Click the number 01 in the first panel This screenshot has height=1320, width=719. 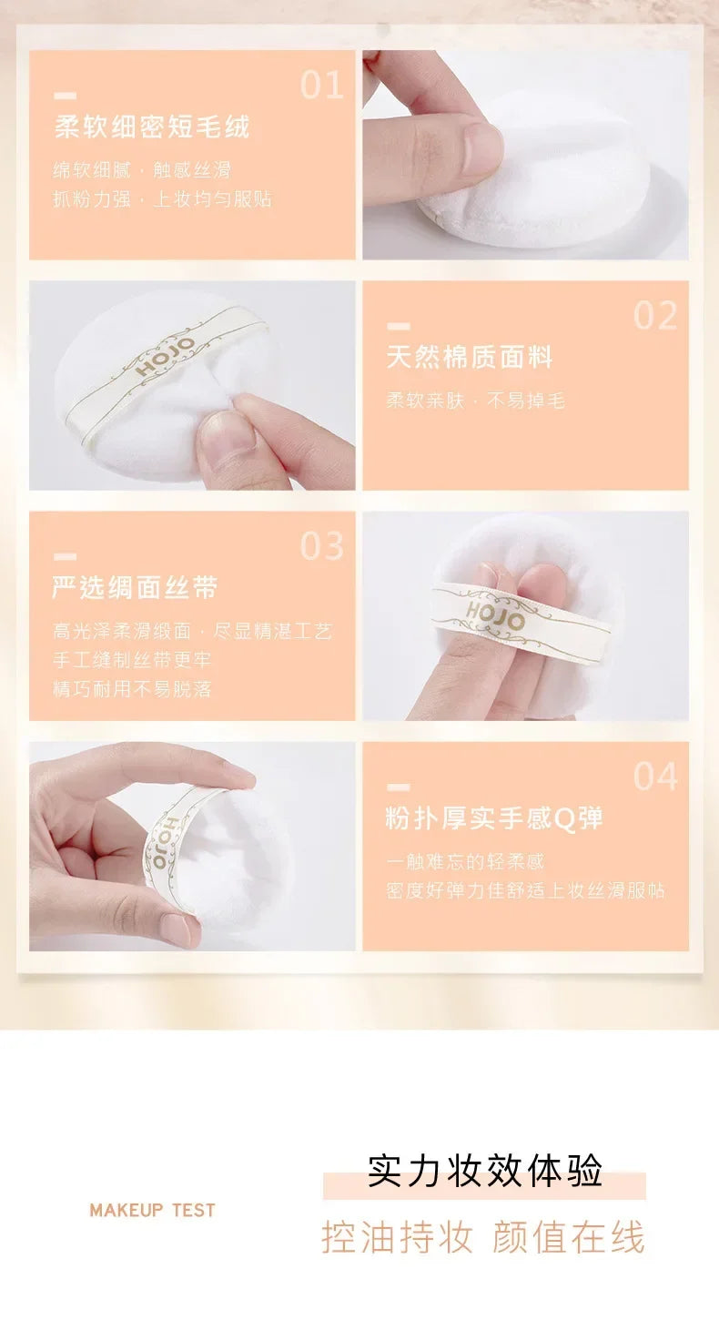[x=322, y=85]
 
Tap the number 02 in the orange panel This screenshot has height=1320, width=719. [x=655, y=315]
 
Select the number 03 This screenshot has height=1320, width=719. [x=322, y=546]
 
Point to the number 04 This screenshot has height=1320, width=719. [x=655, y=777]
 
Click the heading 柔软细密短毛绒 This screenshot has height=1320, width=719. [x=151, y=127]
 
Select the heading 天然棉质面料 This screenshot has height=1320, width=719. [x=470, y=358]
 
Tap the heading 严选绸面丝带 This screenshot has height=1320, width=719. [x=135, y=588]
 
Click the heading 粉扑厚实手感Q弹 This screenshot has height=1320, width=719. [x=494, y=818]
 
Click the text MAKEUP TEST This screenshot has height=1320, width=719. [x=152, y=1210]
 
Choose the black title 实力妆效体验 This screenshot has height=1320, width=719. [x=484, y=1172]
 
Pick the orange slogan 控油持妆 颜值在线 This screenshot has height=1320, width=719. [x=483, y=1238]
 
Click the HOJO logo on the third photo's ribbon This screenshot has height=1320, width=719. [x=495, y=614]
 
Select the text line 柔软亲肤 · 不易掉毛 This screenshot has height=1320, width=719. [x=475, y=401]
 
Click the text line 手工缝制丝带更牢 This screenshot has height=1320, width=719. [x=132, y=660]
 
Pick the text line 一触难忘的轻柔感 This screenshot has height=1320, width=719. [x=465, y=861]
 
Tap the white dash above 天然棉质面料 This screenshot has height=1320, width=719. [x=398, y=326]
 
